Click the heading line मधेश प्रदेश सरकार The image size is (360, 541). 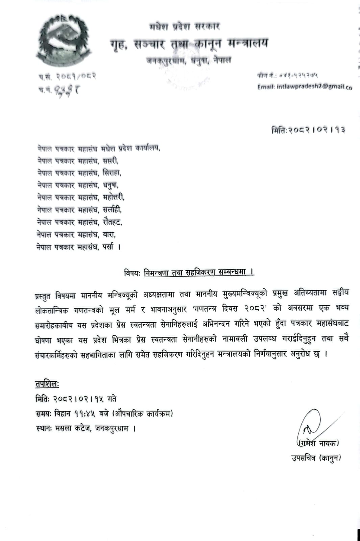185,27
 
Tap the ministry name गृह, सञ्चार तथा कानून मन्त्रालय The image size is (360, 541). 189,44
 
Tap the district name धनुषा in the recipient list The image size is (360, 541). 111,185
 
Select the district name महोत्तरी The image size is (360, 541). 114,197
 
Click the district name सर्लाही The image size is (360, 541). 112,210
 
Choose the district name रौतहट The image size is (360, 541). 112,222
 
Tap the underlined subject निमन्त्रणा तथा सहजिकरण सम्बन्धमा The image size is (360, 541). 198,273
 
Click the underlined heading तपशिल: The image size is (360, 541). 47,384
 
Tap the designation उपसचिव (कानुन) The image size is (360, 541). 316,458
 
